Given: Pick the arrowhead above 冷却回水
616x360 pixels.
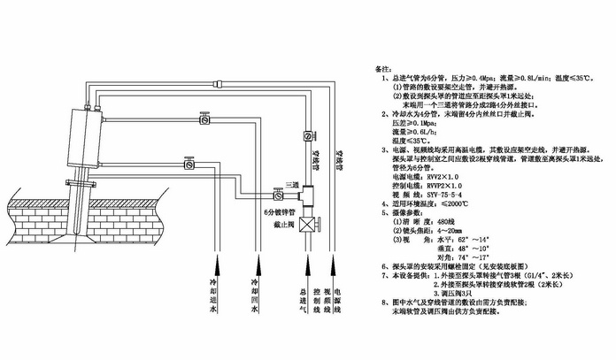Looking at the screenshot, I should tap(256, 257).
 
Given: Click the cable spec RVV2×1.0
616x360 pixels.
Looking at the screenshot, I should tap(447, 176).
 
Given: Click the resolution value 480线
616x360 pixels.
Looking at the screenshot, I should tap(451, 222).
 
